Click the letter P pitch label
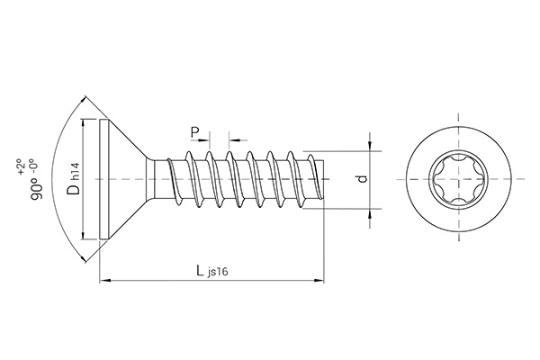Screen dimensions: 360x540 point(195,132)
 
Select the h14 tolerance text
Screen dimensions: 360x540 point(76,171)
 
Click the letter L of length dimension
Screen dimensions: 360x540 point(200,271)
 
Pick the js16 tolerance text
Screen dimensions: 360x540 point(219,274)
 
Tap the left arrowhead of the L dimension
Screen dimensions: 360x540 point(103,283)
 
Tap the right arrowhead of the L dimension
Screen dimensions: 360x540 point(319,283)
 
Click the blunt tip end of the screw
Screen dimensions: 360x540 point(322,179)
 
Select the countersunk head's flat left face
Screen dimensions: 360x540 point(99,179)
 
